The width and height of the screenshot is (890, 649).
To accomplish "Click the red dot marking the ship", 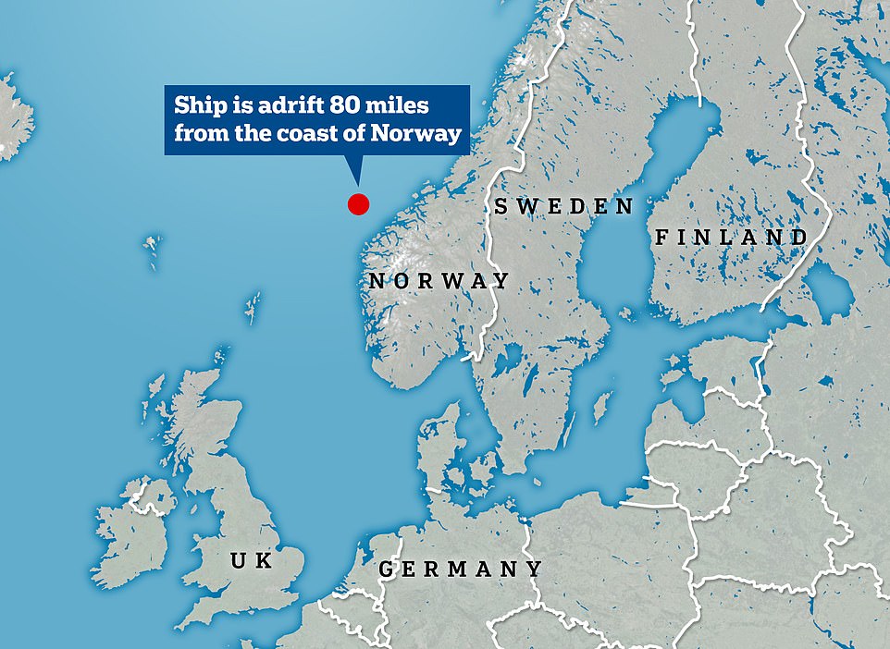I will tap(358, 204).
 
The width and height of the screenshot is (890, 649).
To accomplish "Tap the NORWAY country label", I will tap(439, 281).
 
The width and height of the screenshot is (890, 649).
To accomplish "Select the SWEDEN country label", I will tap(563, 206).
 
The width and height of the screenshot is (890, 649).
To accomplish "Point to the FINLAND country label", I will tap(732, 238).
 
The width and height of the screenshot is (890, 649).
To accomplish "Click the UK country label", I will tap(252, 560).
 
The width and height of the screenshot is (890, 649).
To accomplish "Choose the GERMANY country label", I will tap(460, 569).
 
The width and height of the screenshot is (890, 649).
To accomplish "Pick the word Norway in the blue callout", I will tap(416, 133).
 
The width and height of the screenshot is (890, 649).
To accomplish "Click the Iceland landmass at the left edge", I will tap(13, 116).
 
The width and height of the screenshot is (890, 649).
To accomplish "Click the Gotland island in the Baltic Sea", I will tap(604, 405).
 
